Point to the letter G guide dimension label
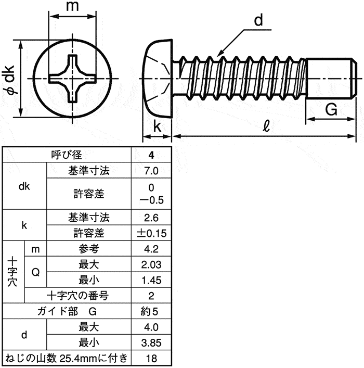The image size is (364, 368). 331,109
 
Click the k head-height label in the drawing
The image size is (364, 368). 158,126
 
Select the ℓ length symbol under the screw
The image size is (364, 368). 266,126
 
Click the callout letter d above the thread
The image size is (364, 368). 258,20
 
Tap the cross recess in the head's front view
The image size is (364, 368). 72,79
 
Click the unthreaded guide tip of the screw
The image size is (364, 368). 331,78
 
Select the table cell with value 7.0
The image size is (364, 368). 151,170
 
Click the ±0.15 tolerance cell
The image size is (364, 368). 151,233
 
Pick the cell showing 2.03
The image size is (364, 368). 151,264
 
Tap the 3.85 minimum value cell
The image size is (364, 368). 151,342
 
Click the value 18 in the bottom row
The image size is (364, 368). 151,359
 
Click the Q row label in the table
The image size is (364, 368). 35,272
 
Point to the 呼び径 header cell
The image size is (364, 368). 67,155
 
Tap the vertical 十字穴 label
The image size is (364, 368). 12,272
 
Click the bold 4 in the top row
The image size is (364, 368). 151,155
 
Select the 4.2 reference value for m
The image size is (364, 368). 151,249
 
